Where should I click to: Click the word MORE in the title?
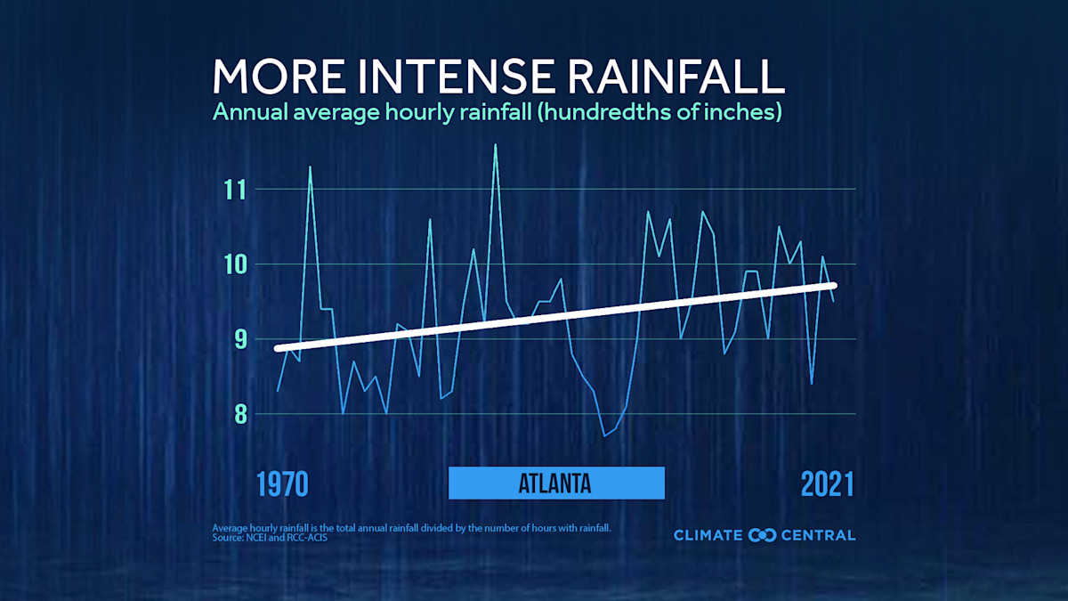point(276,77)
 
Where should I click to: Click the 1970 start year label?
point(282,484)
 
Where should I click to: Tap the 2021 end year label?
point(827,484)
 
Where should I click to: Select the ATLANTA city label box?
point(556,483)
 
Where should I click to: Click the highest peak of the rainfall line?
point(496,145)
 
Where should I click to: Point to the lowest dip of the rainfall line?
point(604,435)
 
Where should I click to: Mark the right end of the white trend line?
point(833,285)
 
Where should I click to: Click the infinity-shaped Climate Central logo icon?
point(763,535)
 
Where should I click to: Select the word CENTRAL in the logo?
point(818,535)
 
